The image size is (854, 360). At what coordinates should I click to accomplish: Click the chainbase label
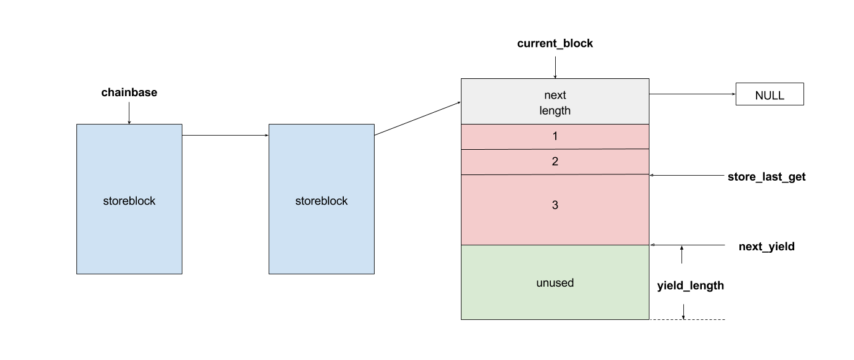tap(129, 92)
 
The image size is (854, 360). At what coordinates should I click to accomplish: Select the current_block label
tap(555, 44)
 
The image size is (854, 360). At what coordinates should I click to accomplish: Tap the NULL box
tap(770, 94)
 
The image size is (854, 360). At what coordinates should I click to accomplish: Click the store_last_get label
tap(767, 177)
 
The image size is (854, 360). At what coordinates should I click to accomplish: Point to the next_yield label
tap(767, 247)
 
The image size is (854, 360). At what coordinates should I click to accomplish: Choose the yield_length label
tap(691, 285)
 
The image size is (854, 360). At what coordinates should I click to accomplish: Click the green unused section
tap(555, 282)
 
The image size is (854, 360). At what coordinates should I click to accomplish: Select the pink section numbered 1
tap(555, 136)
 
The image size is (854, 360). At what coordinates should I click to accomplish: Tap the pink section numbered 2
tap(555, 162)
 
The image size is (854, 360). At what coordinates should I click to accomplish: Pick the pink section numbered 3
tap(555, 210)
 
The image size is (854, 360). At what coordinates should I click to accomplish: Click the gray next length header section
tap(555, 102)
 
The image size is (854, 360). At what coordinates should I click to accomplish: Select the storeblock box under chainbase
tap(129, 199)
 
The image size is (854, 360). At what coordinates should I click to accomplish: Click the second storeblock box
tap(322, 199)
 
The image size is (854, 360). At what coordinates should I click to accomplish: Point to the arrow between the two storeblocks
tap(226, 135)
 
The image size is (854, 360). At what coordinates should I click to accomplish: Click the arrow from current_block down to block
tap(555, 68)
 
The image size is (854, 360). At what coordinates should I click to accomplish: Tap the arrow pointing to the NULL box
tap(693, 94)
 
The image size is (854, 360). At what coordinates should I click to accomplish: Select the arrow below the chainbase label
tap(129, 113)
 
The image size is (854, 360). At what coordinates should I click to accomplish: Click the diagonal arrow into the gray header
tap(418, 118)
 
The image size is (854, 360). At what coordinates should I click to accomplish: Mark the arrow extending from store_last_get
tap(687, 175)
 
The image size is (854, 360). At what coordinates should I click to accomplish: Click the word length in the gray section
tap(555, 110)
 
